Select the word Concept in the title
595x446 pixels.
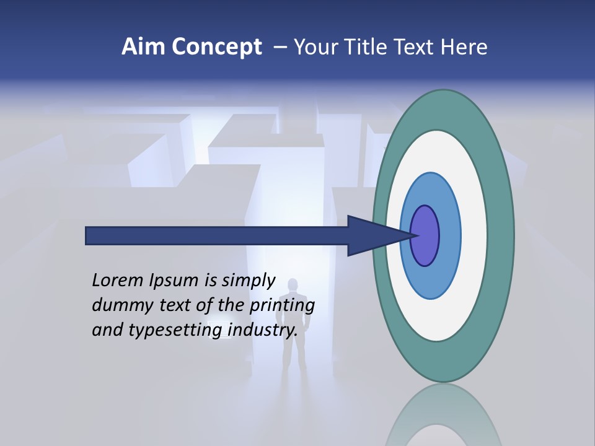pyautogui.click(x=216, y=47)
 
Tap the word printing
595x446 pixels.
pyautogui.click(x=281, y=305)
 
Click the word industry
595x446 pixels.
pyautogui.click(x=263, y=330)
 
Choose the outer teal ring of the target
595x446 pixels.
pyautogui.click(x=503, y=235)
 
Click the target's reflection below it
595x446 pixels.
pyautogui.click(x=443, y=415)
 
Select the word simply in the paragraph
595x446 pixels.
pyautogui.click(x=248, y=281)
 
